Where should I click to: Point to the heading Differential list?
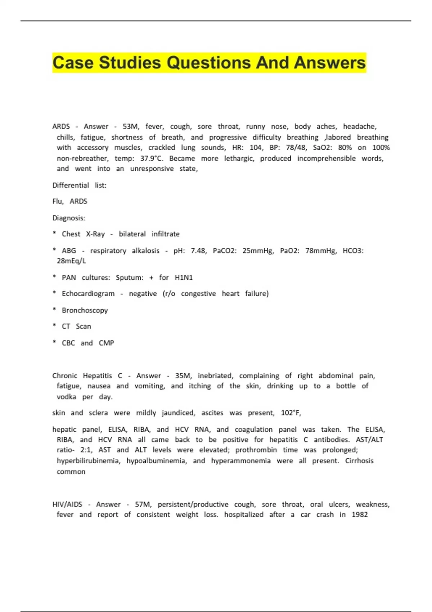[x=79, y=185]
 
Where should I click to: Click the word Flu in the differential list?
[x=58, y=201]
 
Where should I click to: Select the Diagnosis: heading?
[x=69, y=218]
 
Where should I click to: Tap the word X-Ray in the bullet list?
[x=95, y=234]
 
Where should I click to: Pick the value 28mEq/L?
[x=71, y=261]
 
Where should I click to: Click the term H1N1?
[x=184, y=278]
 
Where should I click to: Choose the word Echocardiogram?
[x=88, y=294]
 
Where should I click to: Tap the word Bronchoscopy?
[x=85, y=310]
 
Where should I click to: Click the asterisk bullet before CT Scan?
[x=54, y=326]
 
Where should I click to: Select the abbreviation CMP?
[x=106, y=343]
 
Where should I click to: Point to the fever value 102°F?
[x=291, y=413]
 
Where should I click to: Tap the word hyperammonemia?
[x=240, y=461]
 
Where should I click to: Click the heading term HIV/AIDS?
[x=67, y=504]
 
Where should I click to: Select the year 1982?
[x=360, y=515]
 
